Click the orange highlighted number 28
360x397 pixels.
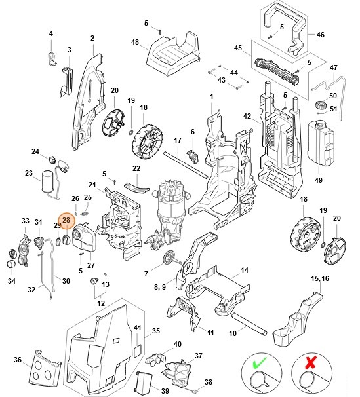click(x=66, y=221)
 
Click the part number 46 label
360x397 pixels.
click(x=320, y=34)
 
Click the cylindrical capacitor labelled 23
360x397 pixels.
click(x=48, y=181)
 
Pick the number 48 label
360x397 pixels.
click(x=135, y=42)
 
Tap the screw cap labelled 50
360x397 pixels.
click(x=321, y=105)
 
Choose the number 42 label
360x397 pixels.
click(x=247, y=116)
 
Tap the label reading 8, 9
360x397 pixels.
click(x=160, y=286)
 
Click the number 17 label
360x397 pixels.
click(x=177, y=141)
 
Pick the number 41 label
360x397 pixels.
click(x=138, y=327)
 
